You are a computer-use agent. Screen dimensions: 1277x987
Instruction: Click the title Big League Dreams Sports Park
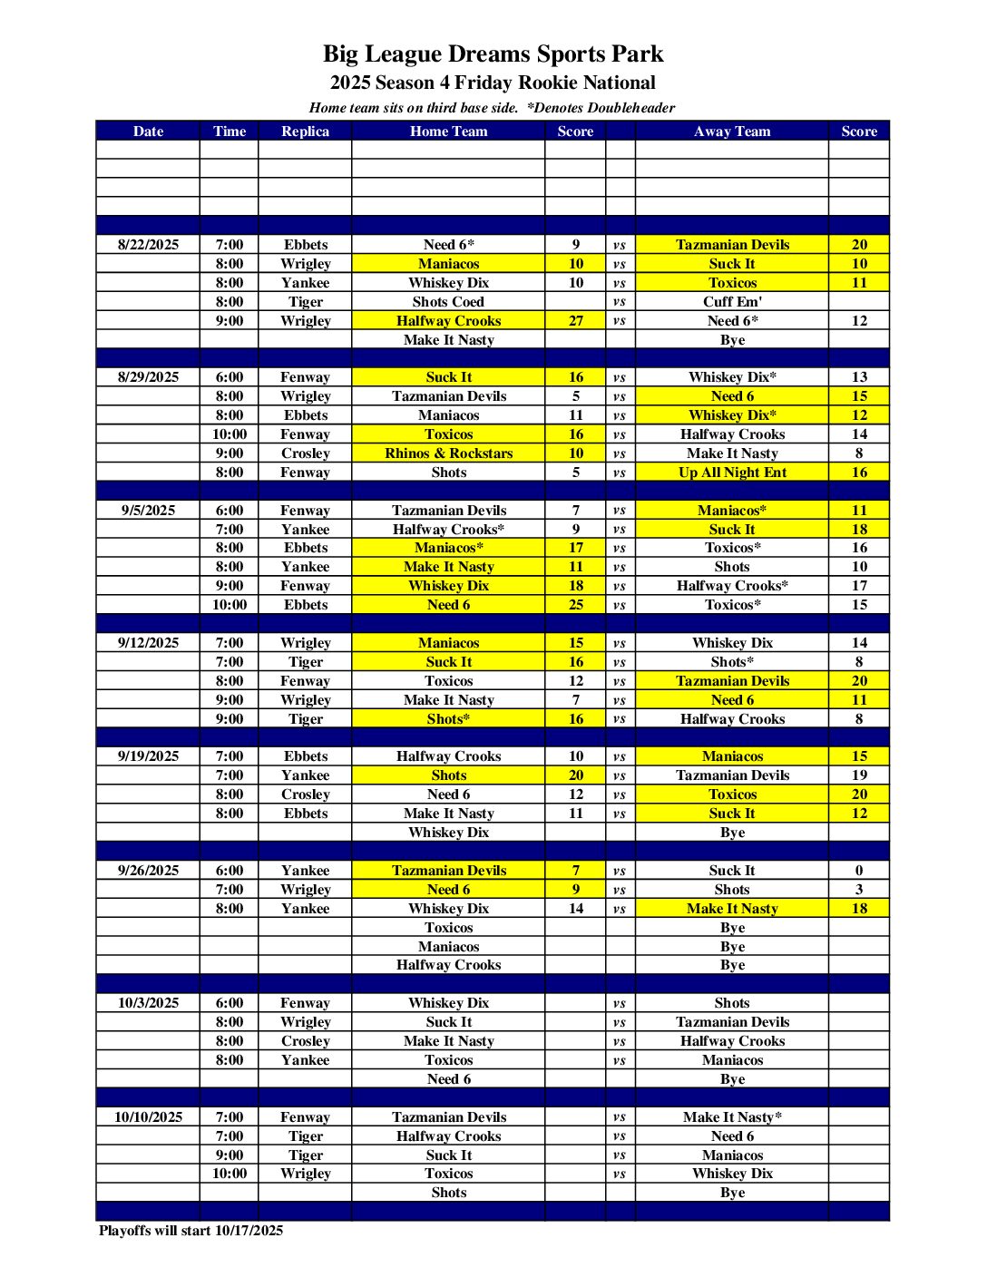tap(493, 54)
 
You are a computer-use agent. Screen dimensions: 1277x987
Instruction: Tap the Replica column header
tap(305, 132)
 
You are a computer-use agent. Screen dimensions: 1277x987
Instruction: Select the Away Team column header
tap(731, 132)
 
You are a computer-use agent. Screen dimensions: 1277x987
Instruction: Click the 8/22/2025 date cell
tap(148, 245)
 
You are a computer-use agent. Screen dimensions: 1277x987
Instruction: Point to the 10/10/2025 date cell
tap(148, 1117)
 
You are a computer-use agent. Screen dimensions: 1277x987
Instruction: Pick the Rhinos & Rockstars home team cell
tap(448, 453)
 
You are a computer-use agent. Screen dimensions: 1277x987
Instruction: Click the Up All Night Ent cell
tap(731, 473)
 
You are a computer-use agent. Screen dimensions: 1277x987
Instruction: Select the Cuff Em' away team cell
tap(731, 302)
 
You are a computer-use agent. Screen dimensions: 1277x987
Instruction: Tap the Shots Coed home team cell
tap(448, 302)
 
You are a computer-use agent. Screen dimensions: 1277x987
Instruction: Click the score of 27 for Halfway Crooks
tap(575, 321)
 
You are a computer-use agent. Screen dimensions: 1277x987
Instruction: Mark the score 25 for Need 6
tap(575, 605)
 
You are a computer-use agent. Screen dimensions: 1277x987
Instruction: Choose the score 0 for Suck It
tap(858, 871)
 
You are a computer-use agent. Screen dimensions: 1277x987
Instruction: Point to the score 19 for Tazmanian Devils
tap(858, 775)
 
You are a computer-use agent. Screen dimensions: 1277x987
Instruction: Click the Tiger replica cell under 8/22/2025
tap(305, 302)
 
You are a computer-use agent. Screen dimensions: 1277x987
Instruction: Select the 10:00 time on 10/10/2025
tap(230, 1174)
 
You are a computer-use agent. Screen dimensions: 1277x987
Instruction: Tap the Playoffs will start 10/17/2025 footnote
tap(191, 1231)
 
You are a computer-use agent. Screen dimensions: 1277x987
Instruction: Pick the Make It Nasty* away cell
tap(731, 1117)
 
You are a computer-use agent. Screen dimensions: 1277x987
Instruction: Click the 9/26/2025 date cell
tap(148, 871)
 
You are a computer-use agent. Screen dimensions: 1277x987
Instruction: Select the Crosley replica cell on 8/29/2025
tap(305, 453)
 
